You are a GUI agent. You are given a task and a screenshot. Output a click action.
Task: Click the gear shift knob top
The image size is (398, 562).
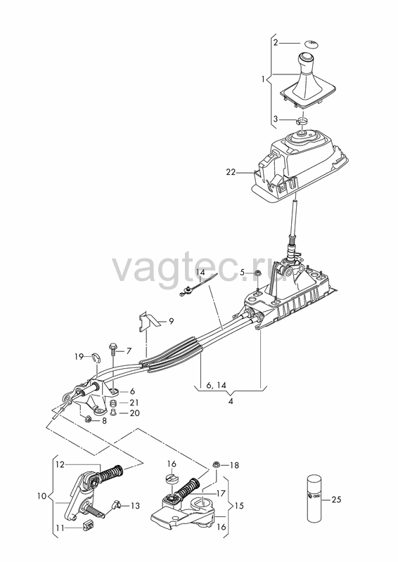tap(307, 58)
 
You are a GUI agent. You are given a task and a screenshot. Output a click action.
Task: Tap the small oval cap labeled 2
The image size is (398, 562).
tap(311, 44)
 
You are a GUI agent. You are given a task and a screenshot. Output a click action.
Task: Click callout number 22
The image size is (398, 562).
tap(231, 172)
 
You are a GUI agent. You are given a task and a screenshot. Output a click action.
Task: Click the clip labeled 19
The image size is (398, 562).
tap(96, 358)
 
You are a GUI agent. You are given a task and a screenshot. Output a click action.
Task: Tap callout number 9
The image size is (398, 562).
tap(171, 321)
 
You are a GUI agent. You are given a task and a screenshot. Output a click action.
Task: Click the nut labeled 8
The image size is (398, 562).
tap(88, 419)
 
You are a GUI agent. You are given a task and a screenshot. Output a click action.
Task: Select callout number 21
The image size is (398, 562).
tap(134, 403)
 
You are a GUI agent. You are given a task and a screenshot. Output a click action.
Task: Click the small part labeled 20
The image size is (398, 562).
tap(113, 412)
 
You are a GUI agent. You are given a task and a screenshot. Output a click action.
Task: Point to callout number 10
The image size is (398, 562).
tap(41, 496)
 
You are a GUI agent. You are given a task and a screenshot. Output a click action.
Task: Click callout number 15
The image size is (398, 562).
tap(238, 505)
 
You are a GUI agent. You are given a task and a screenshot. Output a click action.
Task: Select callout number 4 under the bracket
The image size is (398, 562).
tap(231, 401)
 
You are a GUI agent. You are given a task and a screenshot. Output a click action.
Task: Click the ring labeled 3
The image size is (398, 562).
tap(302, 120)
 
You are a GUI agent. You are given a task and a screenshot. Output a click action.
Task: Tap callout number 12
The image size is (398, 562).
tap(60, 464)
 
